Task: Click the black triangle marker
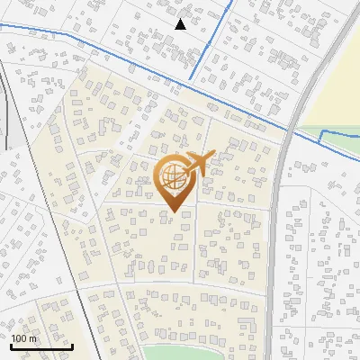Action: point(180,24)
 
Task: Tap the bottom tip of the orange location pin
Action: point(174,213)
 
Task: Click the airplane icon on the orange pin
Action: point(199,163)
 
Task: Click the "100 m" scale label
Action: point(24,338)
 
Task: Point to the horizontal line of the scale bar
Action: point(41,346)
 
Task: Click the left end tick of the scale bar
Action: point(11,343)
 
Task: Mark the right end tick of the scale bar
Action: point(72,343)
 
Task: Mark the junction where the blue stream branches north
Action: point(191,83)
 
